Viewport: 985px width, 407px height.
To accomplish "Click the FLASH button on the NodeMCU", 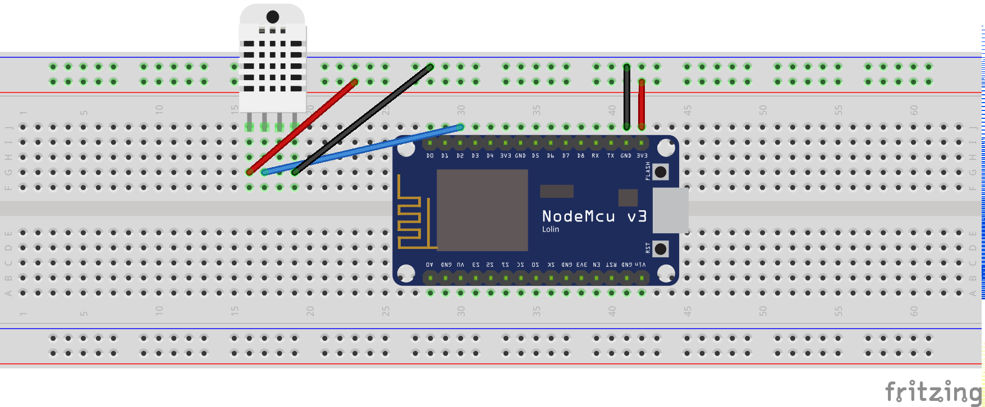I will click(x=661, y=172).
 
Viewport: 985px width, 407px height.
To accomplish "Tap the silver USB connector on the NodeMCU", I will click(x=671, y=210).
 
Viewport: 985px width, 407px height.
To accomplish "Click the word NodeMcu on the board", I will click(x=579, y=216).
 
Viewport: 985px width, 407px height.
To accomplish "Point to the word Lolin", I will click(x=550, y=229).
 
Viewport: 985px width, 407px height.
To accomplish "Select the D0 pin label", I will click(x=430, y=156).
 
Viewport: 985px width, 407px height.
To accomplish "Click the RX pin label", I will click(x=595, y=156).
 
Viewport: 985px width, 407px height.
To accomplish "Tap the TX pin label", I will click(x=611, y=156).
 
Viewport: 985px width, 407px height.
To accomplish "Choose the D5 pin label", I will click(x=535, y=156).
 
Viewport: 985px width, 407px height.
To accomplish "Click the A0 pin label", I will click(x=430, y=265).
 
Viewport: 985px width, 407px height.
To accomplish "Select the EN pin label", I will click(x=596, y=265).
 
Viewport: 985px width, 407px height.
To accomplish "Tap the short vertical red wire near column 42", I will click(x=642, y=104).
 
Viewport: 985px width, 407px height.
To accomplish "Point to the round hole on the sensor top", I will click(x=273, y=17).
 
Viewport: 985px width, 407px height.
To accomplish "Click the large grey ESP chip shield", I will click(x=482, y=210).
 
